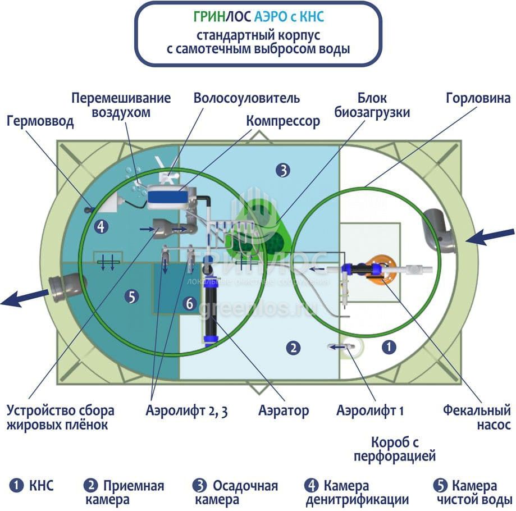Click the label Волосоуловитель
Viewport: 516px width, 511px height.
point(246,98)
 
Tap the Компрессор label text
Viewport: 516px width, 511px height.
point(283,121)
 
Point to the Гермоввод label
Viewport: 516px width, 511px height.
point(40,121)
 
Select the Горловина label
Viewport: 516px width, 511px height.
point(478,98)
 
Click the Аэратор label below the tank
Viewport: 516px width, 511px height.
point(284,410)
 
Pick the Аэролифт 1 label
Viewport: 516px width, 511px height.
point(370,410)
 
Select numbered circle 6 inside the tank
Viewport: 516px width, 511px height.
point(190,304)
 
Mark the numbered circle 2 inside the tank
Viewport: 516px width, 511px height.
point(293,348)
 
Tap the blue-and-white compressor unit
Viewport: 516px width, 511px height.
point(170,197)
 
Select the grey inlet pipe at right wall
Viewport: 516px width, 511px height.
point(440,230)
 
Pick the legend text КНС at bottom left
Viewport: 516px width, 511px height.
point(41,486)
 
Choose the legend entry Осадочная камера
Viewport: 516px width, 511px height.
point(236,492)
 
